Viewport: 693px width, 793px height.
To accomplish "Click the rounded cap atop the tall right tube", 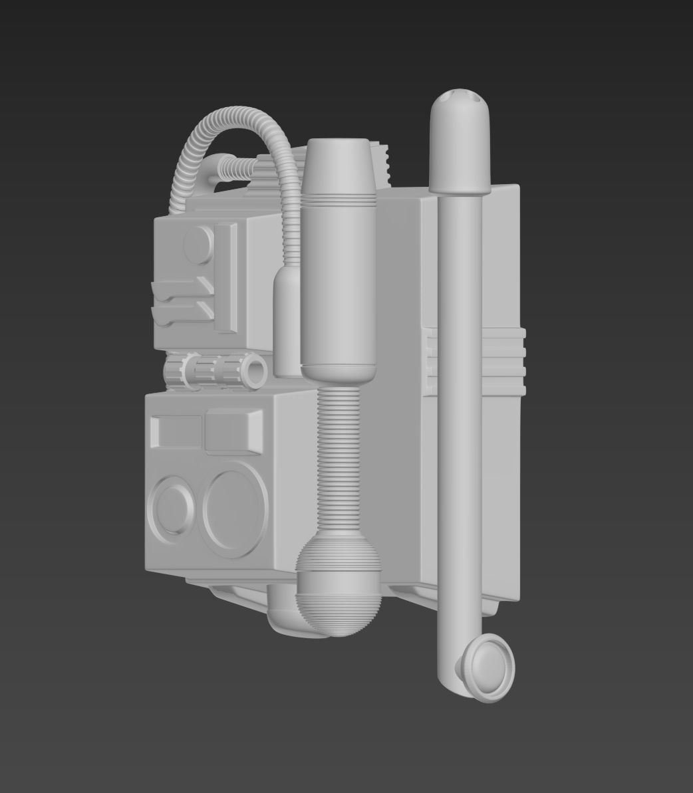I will click(x=461, y=140).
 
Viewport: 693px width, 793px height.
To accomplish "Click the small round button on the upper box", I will click(x=198, y=245).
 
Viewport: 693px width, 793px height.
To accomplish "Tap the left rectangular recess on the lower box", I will click(x=176, y=432).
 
